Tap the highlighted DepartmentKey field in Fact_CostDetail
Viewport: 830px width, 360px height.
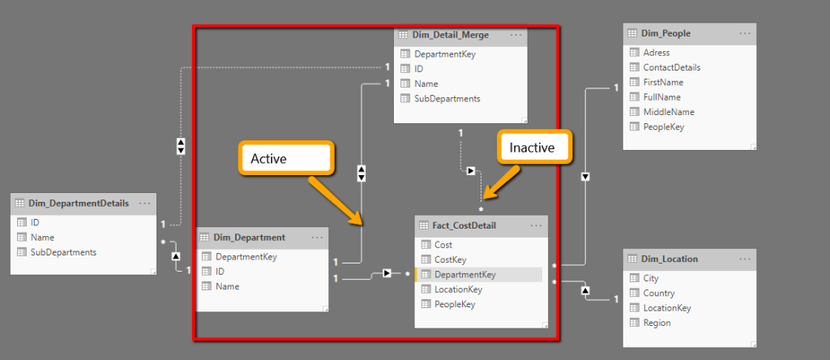pyautogui.click(x=464, y=275)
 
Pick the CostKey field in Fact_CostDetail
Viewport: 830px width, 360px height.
pyautogui.click(x=450, y=259)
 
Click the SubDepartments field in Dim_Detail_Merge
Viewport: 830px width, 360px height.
pyautogui.click(x=447, y=99)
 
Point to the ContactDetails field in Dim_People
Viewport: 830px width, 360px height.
pyautogui.click(x=671, y=68)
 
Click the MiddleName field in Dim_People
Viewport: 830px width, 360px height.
pyautogui.click(x=667, y=112)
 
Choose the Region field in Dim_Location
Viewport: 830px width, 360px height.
pyautogui.click(x=656, y=323)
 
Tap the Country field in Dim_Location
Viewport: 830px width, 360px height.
pyautogui.click(x=658, y=294)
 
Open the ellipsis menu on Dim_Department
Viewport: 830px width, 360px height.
pyautogui.click(x=317, y=238)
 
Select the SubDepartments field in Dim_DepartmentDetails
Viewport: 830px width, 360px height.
pyautogui.click(x=63, y=252)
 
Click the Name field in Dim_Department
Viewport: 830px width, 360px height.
pyautogui.click(x=227, y=286)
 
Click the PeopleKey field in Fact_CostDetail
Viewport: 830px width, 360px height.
pyautogui.click(x=454, y=304)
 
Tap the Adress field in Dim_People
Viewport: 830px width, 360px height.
pyautogui.click(x=656, y=53)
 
